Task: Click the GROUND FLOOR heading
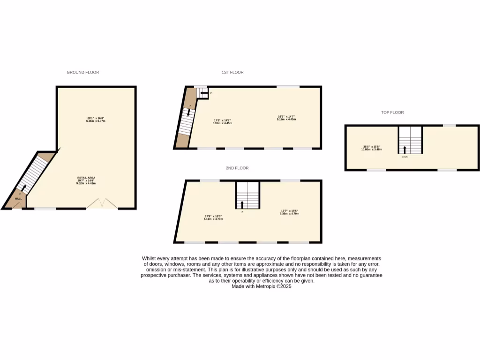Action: (82, 72)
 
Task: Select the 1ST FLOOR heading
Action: (232, 72)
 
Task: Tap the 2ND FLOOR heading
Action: (237, 168)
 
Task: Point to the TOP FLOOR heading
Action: (392, 112)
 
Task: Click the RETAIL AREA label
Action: (87, 178)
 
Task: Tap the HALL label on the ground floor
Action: (18, 199)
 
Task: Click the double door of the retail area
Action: (102, 204)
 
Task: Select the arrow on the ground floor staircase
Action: (23, 188)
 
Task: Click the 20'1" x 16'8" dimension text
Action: (96, 120)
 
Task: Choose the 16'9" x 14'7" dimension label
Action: (286, 118)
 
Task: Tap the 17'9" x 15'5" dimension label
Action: (213, 217)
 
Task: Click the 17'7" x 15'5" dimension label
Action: (290, 212)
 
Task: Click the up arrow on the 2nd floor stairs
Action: (242, 204)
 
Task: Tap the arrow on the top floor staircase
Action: (405, 150)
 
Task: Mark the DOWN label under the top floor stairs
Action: (405, 157)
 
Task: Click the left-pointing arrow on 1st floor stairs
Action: (203, 94)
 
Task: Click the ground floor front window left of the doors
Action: (45, 209)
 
